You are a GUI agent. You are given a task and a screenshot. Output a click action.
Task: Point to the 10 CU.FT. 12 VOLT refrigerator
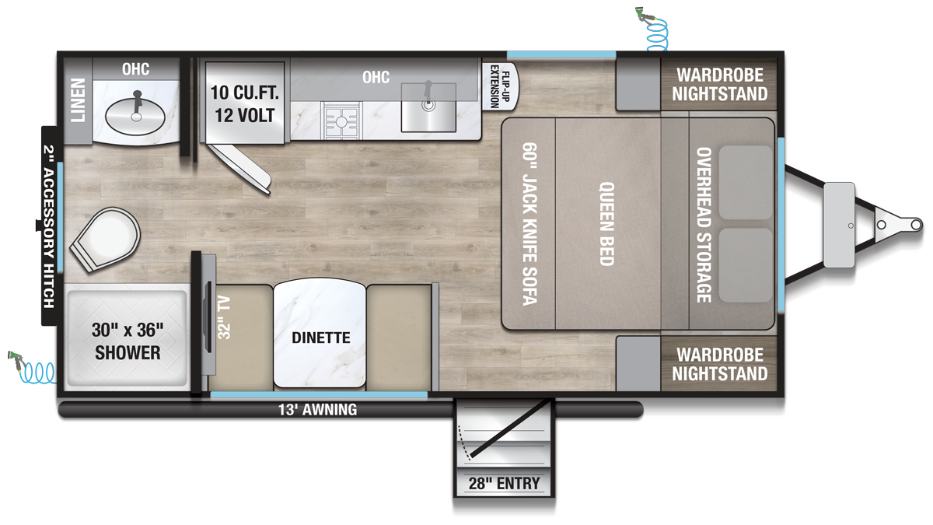243,103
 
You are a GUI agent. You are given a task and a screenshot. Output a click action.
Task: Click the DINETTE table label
321,338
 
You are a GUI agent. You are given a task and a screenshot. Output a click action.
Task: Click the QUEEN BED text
606,224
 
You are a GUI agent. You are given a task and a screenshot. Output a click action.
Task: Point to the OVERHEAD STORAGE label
704,224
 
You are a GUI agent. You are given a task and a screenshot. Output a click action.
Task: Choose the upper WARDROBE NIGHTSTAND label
720,85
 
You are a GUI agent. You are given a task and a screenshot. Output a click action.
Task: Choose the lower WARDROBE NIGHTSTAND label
720,364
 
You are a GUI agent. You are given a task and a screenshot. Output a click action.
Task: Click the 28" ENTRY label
504,483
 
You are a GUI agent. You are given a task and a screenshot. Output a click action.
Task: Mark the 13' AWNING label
319,409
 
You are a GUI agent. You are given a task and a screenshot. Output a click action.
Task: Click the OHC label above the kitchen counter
376,77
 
